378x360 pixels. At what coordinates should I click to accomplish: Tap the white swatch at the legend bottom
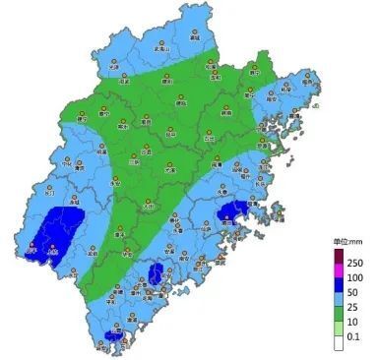[x=337, y=336]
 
